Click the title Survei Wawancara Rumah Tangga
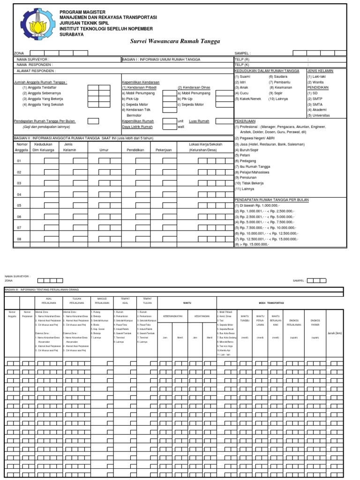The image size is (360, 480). tap(174, 41)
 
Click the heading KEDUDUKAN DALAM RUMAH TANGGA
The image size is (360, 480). tap(266, 70)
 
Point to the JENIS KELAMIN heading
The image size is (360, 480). tap(320, 70)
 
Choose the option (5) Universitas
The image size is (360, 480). tap(318, 115)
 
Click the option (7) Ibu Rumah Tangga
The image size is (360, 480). tap(253, 166)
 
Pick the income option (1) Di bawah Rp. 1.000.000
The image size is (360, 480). tap(257, 205)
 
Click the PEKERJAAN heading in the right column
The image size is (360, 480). tap(245, 120)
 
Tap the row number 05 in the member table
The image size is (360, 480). tap(20, 205)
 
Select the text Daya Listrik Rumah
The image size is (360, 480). tap(137, 127)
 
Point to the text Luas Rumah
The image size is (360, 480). tap(199, 121)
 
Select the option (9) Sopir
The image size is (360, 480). tap(276, 93)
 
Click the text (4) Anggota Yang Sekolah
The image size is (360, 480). tap(43, 104)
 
